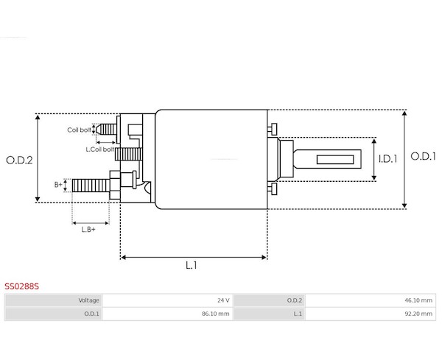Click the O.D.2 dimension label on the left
pyautogui.click(x=19, y=160)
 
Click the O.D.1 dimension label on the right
pyautogui.click(x=424, y=156)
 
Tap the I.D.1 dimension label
pyautogui.click(x=388, y=159)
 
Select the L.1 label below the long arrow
pyautogui.click(x=192, y=265)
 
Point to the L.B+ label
pyautogui.click(x=88, y=230)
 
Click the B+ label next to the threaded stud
pyautogui.click(x=58, y=185)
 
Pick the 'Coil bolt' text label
pyautogui.click(x=80, y=130)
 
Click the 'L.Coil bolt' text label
pyautogui.click(x=99, y=149)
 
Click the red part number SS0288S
pyautogui.click(x=21, y=286)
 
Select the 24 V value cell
pyautogui.click(x=167, y=300)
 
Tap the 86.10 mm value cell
pyautogui.click(x=167, y=314)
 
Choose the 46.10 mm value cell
pyautogui.click(x=371, y=300)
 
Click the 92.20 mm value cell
pyautogui.click(x=371, y=314)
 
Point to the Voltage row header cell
pyautogui.click(x=54, y=300)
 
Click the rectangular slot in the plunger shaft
pyautogui.click(x=335, y=160)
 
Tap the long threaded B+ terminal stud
pyautogui.click(x=91, y=186)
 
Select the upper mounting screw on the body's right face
pyautogui.click(x=273, y=130)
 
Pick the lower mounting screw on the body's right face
pyautogui.click(x=273, y=188)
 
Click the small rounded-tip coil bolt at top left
pyautogui.click(x=106, y=130)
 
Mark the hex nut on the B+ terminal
pyautogui.click(x=115, y=186)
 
